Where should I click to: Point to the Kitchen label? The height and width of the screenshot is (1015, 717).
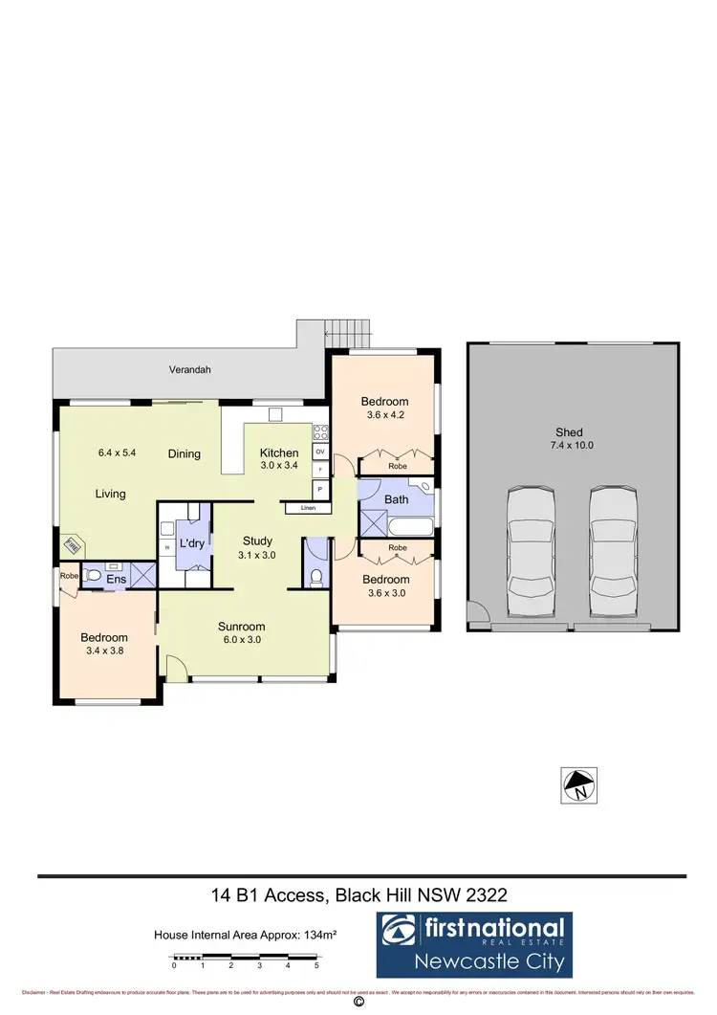pyautogui.click(x=279, y=452)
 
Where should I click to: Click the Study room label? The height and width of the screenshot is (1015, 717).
pyautogui.click(x=256, y=541)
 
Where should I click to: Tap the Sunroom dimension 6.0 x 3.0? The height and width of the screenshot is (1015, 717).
pyautogui.click(x=241, y=640)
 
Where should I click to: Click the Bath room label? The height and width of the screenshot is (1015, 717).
pyautogui.click(x=396, y=499)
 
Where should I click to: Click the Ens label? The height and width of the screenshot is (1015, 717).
pyautogui.click(x=116, y=579)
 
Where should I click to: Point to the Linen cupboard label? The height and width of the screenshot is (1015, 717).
pyautogui.click(x=308, y=508)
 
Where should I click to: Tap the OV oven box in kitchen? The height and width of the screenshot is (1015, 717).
pyautogui.click(x=320, y=452)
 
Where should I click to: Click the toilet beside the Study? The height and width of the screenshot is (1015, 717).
pyautogui.click(x=316, y=577)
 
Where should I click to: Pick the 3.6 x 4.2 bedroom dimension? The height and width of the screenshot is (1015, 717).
pyautogui.click(x=384, y=415)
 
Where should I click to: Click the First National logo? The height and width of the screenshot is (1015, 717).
pyautogui.click(x=474, y=942)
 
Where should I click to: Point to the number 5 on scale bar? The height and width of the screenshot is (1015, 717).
pyautogui.click(x=316, y=966)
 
